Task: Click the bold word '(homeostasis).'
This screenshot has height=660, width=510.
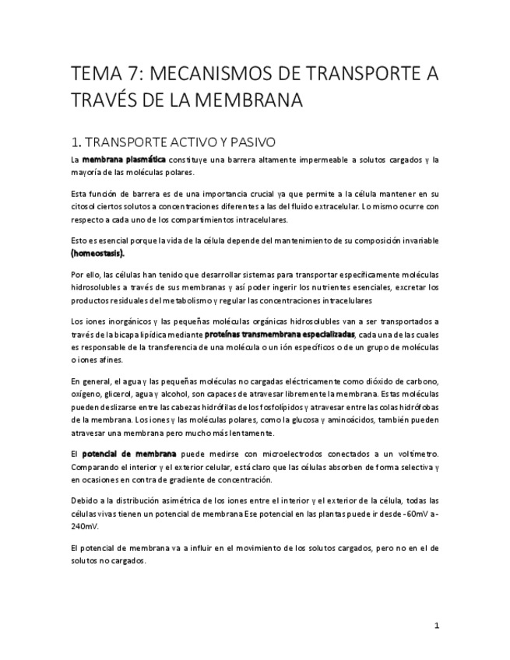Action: coord(97,253)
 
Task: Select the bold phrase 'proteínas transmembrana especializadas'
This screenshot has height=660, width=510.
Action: coord(279,334)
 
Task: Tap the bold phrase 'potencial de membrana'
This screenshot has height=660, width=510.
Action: coord(128,453)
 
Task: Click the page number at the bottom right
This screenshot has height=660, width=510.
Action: coord(437,625)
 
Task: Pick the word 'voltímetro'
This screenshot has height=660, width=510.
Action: coord(414,453)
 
